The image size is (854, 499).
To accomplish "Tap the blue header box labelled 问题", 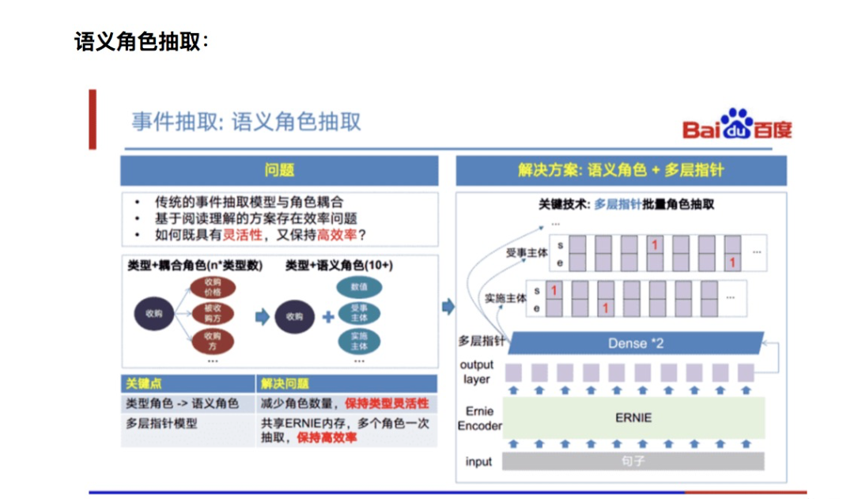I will (279, 170).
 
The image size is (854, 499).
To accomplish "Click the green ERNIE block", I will (634, 418).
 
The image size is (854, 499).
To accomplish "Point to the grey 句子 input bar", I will (634, 461).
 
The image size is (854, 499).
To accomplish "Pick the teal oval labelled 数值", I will (359, 287).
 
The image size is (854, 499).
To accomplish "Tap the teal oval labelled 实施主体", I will (359, 341).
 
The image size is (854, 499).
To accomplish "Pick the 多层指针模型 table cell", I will (161, 423).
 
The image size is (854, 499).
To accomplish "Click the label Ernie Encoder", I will (479, 418).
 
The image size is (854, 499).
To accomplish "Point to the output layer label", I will (477, 372).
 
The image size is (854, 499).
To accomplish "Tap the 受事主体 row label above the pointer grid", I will (527, 253).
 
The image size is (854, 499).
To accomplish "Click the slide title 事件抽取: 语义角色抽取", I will (246, 122).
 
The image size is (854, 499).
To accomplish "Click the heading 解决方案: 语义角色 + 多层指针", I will (621, 170).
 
